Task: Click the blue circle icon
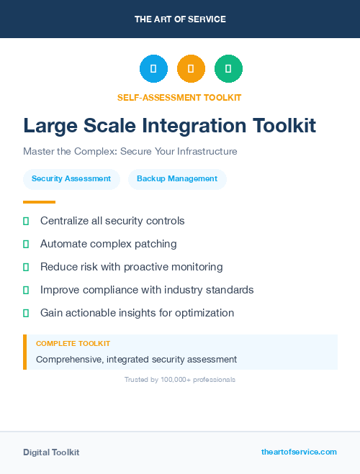point(153,69)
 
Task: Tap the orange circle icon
point(191,69)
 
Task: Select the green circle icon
point(228,69)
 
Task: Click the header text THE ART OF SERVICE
point(180,19)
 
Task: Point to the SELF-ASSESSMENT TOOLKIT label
point(179,97)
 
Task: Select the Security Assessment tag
point(71,179)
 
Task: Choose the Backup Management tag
point(177,179)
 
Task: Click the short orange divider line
point(39,202)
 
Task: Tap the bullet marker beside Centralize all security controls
point(26,221)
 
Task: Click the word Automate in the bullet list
point(63,244)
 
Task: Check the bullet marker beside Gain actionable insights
point(26,313)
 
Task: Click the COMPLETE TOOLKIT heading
point(73,344)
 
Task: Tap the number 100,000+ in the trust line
point(181,379)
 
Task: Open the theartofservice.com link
point(299,452)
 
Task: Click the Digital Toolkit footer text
point(51,452)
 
